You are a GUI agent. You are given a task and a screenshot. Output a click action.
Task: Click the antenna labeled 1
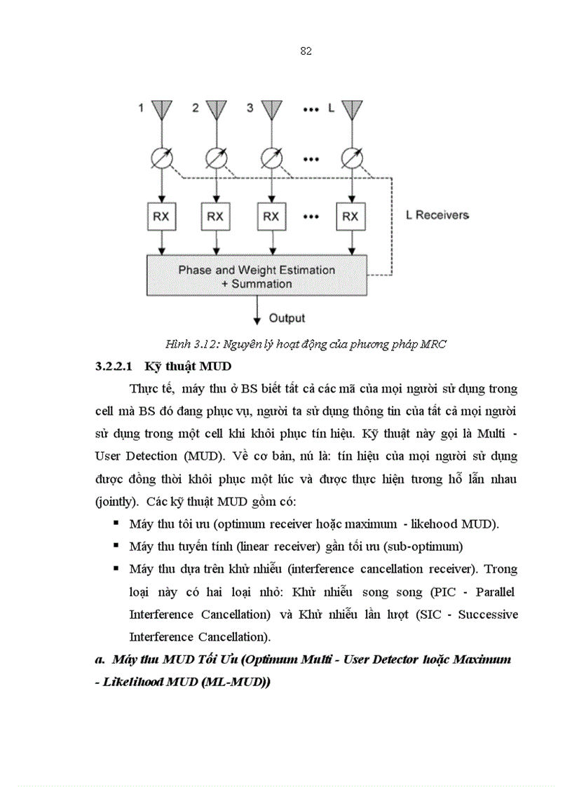(x=162, y=111)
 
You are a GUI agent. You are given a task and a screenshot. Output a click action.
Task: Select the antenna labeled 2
(x=217, y=111)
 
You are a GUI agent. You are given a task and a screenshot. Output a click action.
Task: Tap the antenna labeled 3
(x=271, y=111)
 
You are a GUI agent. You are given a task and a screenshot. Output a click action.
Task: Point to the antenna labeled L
(x=351, y=111)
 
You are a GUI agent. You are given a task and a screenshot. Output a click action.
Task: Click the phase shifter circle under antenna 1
(x=162, y=158)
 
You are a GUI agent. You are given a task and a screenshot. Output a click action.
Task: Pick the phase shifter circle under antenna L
(x=351, y=158)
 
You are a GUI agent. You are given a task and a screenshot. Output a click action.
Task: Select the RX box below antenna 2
(x=216, y=217)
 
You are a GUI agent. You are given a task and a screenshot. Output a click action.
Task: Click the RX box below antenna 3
(x=271, y=217)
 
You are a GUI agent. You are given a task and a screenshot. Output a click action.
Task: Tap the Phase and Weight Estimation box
(x=256, y=276)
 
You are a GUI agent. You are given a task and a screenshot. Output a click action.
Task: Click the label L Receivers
(x=437, y=215)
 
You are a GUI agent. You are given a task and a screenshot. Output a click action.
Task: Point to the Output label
(x=287, y=318)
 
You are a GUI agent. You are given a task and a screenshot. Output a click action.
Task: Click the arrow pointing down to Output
(x=257, y=309)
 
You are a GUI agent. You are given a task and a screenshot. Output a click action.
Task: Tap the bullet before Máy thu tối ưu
(x=114, y=523)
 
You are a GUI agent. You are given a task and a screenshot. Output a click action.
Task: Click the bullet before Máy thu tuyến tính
(x=114, y=545)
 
